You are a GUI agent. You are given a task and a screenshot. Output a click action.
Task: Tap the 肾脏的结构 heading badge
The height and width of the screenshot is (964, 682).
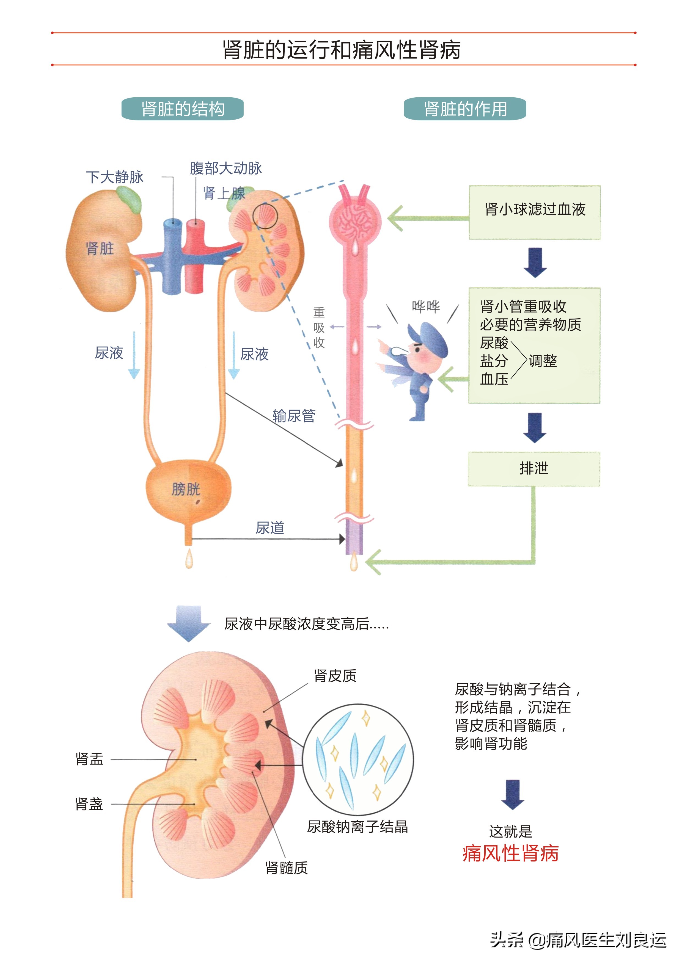[x=182, y=109]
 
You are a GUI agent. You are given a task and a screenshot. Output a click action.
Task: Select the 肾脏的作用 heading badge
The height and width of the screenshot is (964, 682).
[x=464, y=109]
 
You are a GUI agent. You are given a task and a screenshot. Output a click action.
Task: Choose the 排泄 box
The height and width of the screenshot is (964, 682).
[x=534, y=469]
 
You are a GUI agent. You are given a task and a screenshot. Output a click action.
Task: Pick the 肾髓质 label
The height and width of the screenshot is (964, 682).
[x=286, y=868]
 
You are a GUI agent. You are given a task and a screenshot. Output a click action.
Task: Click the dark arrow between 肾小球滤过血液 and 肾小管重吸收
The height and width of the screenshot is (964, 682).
[x=535, y=263]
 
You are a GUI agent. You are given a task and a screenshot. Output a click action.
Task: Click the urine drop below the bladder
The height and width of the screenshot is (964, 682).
[x=189, y=560]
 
